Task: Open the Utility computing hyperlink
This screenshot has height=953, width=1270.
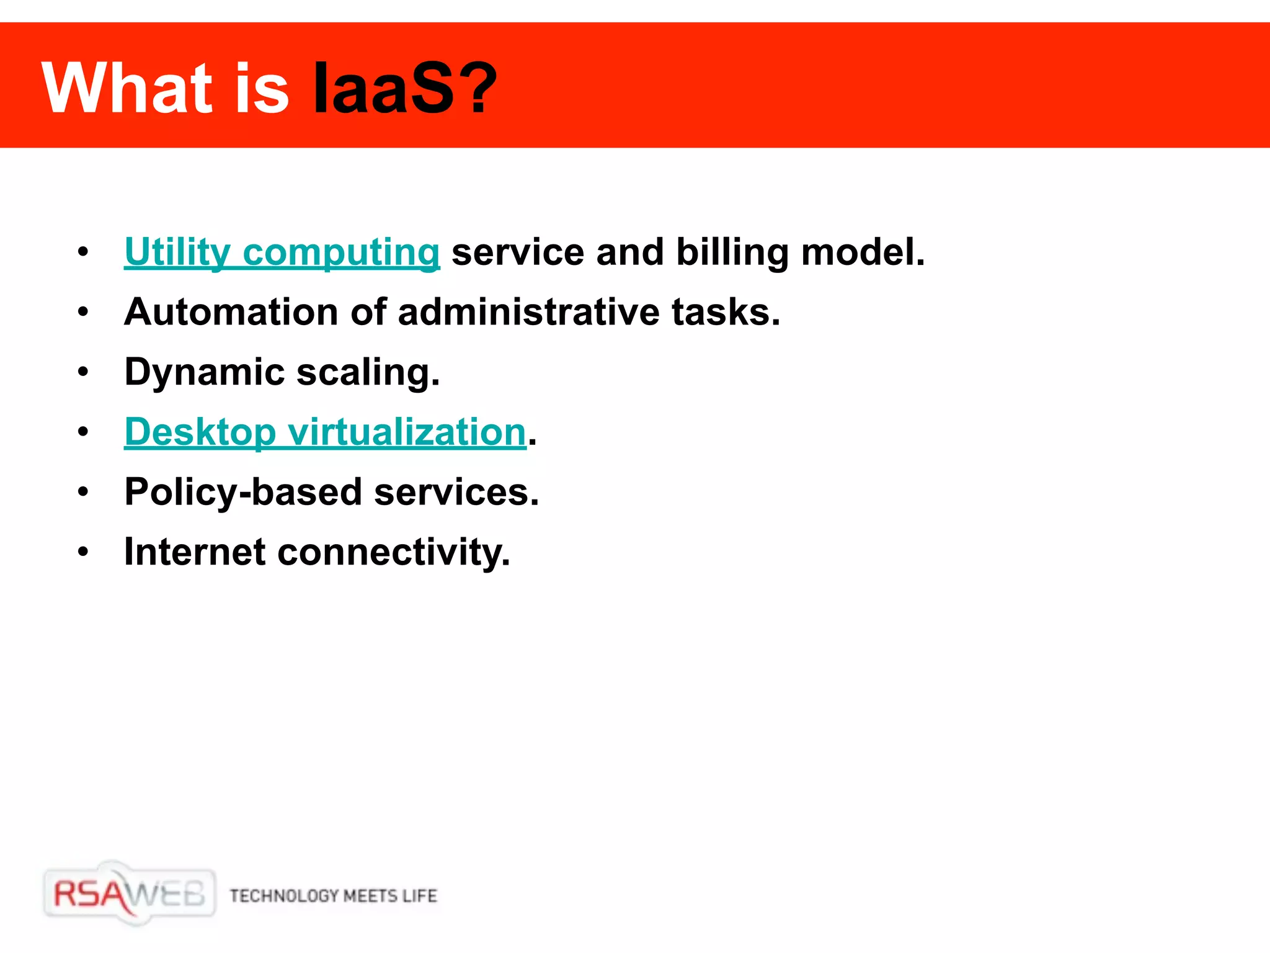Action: click(x=282, y=253)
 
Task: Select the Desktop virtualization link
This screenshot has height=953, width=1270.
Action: click(x=325, y=432)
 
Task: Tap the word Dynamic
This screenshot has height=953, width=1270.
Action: click(x=204, y=372)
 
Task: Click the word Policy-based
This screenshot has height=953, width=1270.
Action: click(x=242, y=493)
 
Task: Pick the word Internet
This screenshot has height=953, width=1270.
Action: click(x=195, y=552)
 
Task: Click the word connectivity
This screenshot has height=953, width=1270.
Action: click(x=393, y=552)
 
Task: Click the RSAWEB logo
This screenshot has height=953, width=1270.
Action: click(x=129, y=894)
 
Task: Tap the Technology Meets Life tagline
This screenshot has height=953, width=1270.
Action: click(x=333, y=896)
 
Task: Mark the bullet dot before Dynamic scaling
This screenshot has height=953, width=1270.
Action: click(x=83, y=372)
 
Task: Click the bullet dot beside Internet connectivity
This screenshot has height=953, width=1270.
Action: click(x=83, y=552)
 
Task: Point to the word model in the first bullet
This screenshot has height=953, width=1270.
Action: click(x=862, y=253)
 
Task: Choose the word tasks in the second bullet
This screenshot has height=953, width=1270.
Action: click(x=726, y=312)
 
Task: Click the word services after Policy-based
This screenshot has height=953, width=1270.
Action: click(x=456, y=493)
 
